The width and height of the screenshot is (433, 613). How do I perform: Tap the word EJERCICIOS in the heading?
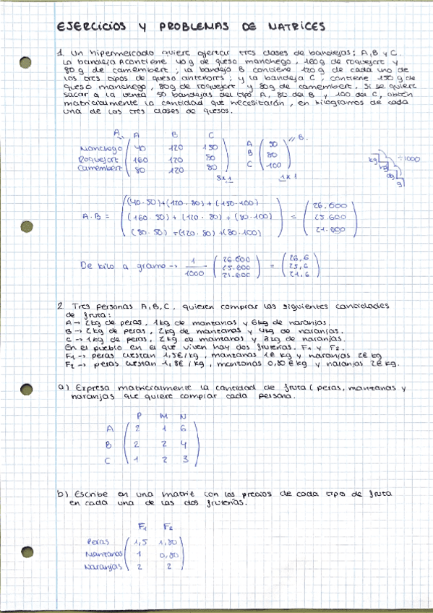click(x=90, y=27)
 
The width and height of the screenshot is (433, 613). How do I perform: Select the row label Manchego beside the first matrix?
click(x=100, y=148)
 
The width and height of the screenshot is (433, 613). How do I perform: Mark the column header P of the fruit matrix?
click(x=137, y=415)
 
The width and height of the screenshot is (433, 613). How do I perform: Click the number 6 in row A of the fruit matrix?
click(x=184, y=427)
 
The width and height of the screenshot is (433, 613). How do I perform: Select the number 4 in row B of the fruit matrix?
click(x=184, y=443)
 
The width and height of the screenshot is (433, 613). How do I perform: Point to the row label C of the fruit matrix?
click(x=108, y=459)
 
